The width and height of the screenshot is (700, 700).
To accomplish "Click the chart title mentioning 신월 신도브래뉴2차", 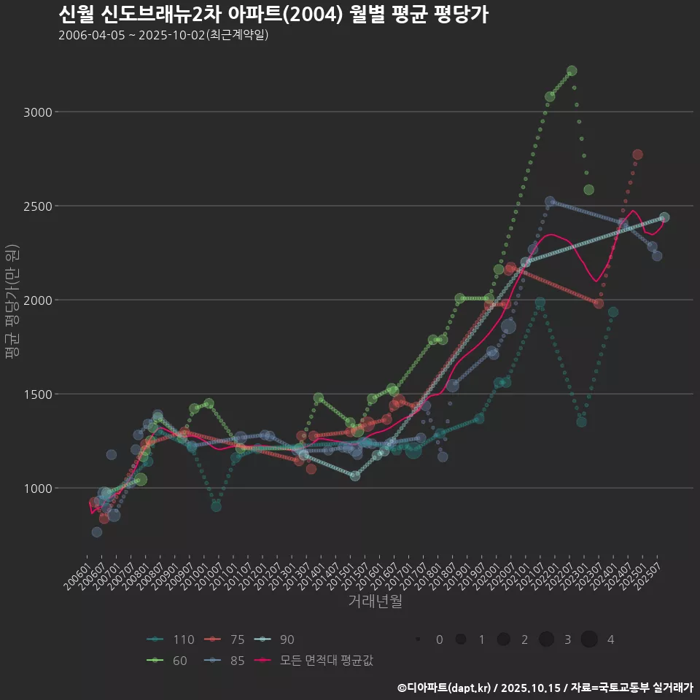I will [273, 15].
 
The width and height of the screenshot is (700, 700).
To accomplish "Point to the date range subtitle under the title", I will [163, 35].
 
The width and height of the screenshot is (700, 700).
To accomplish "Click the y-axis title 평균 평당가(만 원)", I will [12, 300].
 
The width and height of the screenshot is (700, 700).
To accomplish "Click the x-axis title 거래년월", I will [375, 601].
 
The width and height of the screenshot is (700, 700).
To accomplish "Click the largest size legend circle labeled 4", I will [589, 639].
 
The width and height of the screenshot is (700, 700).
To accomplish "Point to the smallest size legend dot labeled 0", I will [418, 639].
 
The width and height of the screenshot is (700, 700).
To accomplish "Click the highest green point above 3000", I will [572, 71].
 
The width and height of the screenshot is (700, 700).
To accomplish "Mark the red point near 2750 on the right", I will [637, 155].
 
